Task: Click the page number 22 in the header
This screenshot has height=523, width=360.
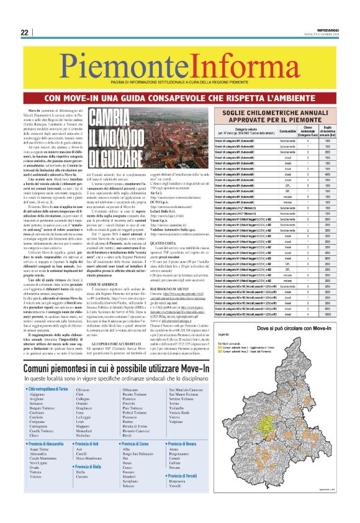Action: coord(24,32)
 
